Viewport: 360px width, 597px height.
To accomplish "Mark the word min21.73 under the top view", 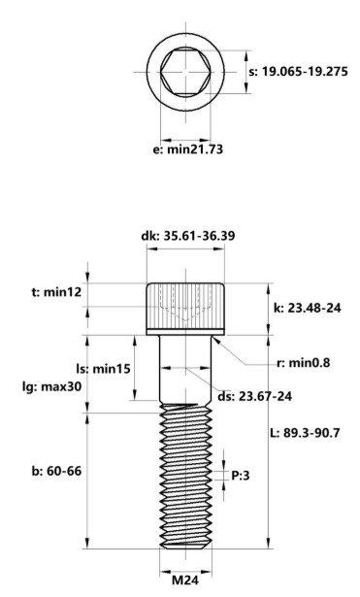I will [x=193, y=150].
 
